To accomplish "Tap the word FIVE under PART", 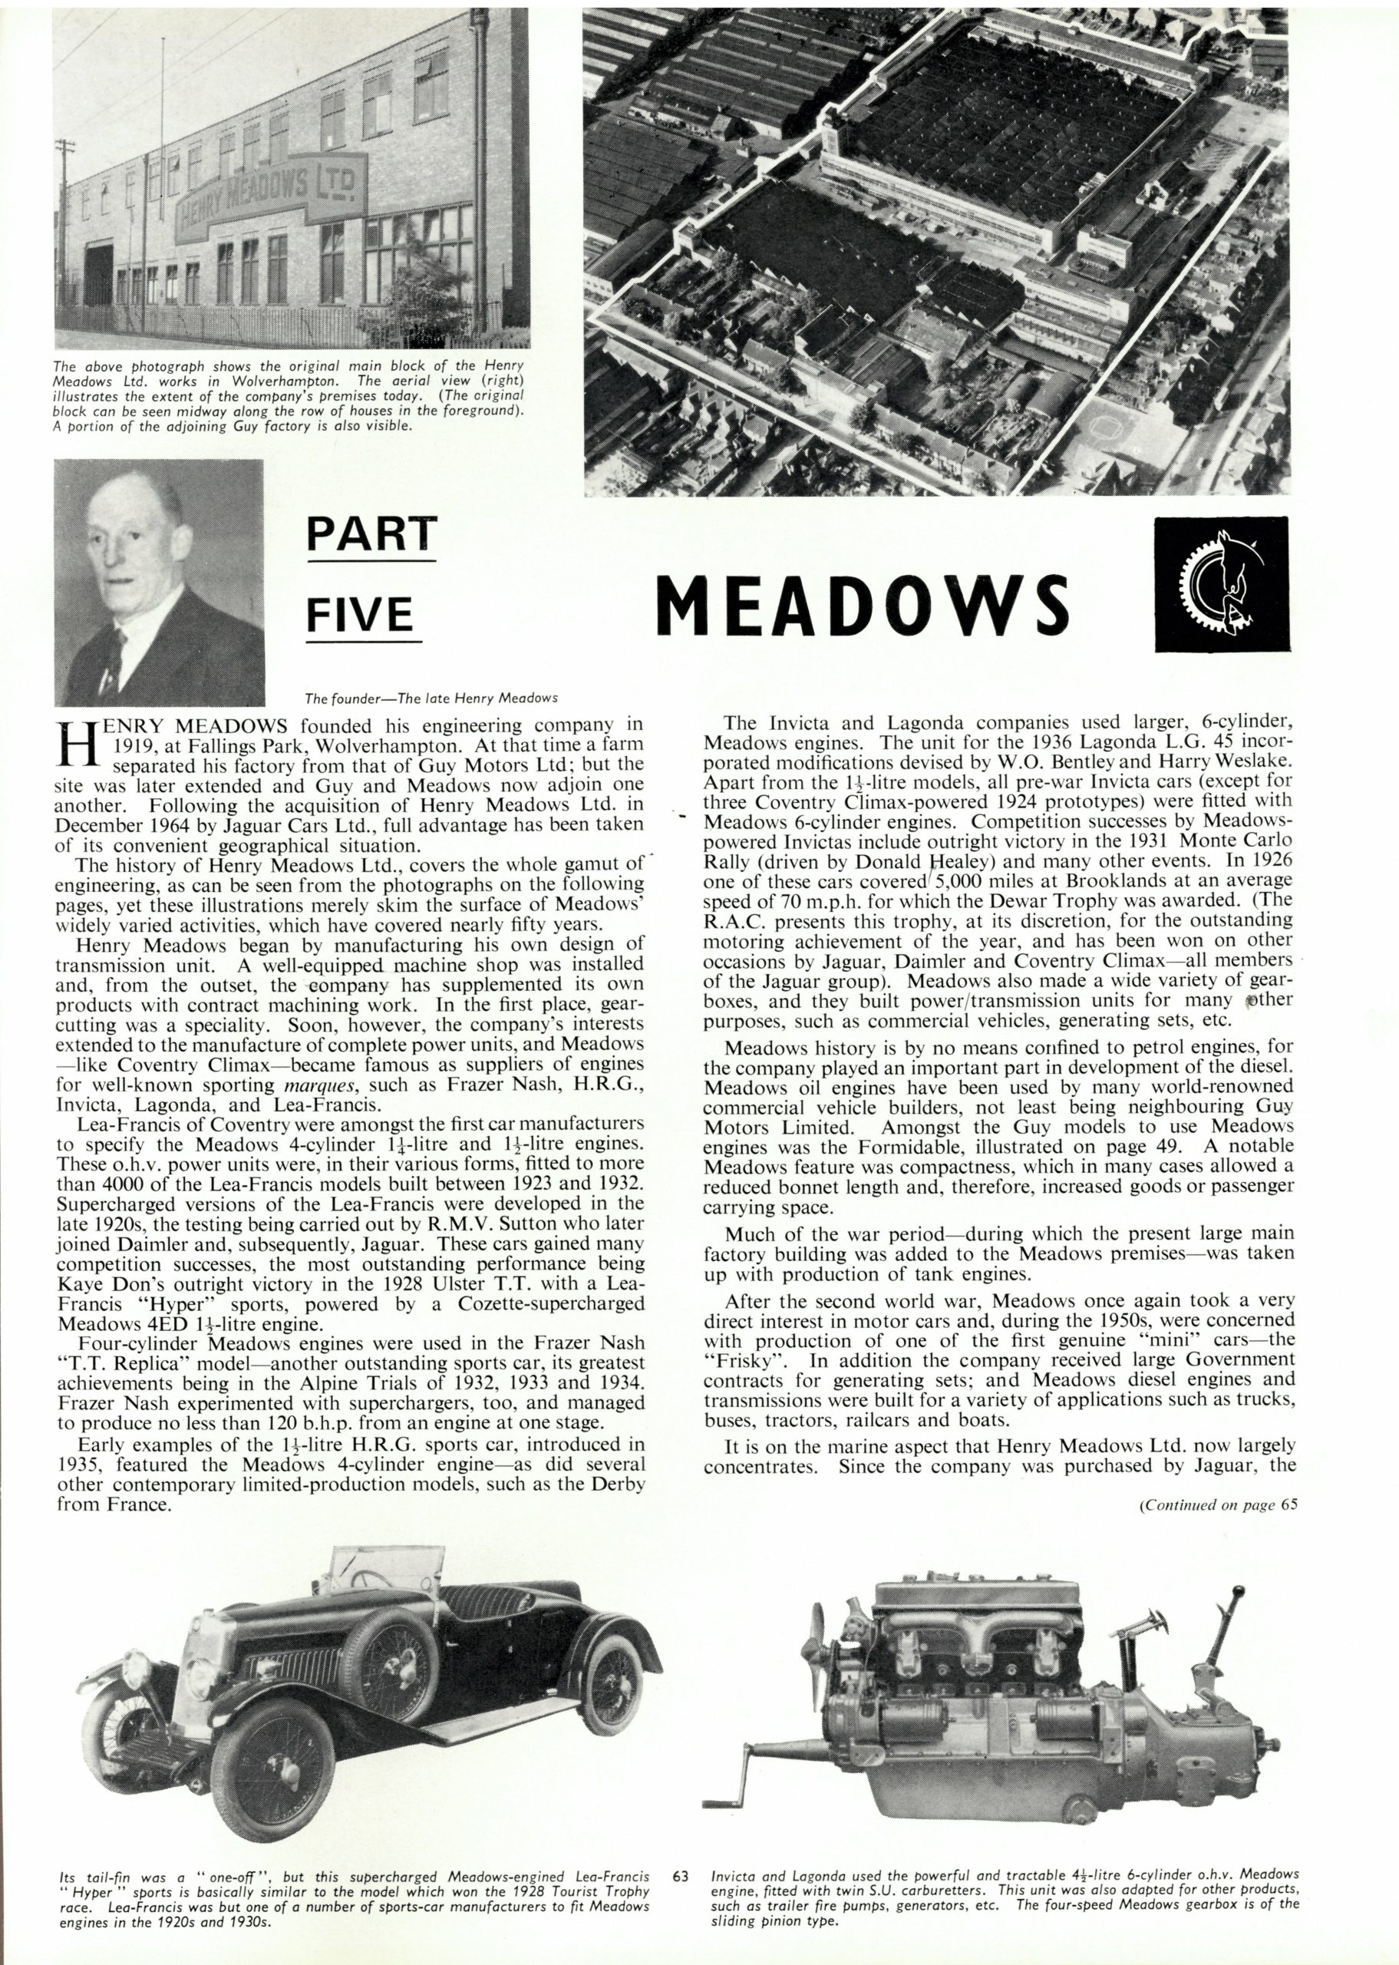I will point(361,615).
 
